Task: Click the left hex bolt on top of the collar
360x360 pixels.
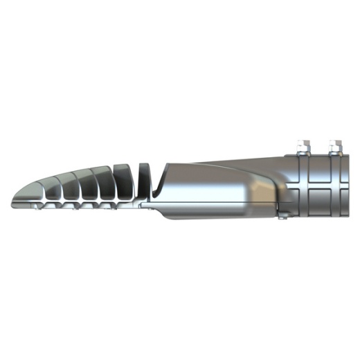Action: (302, 147)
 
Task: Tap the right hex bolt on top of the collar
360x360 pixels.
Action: (336, 147)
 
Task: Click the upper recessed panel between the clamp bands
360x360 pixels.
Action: (320, 173)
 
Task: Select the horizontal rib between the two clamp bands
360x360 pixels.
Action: (320, 186)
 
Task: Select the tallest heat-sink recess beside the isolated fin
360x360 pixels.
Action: (122, 183)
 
